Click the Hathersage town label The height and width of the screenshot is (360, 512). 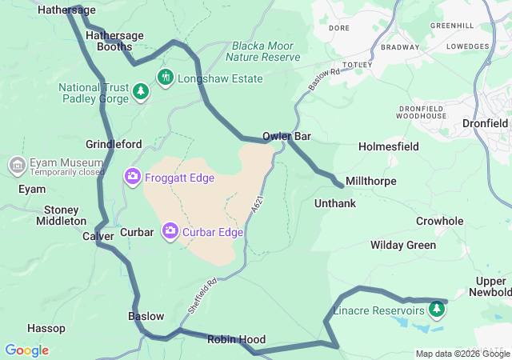[x=67, y=10]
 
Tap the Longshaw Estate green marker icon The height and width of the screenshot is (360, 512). [x=166, y=78]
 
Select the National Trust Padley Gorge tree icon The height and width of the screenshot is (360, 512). [x=141, y=92]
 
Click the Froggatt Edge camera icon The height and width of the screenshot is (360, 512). [x=132, y=175]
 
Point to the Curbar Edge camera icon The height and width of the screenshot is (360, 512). [x=170, y=232]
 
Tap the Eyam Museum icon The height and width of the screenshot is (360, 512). [x=16, y=166]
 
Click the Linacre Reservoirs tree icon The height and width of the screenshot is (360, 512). [x=437, y=308]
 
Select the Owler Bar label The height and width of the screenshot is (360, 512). [x=286, y=137]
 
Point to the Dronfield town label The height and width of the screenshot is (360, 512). [x=485, y=124]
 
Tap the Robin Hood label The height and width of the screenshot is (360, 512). [x=236, y=340]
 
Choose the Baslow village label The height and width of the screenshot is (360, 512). [x=146, y=316]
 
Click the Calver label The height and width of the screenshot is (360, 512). [x=98, y=237]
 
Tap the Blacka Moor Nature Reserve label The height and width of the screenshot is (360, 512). [x=263, y=51]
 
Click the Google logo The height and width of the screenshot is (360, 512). [x=26, y=350]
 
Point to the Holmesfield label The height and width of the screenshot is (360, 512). [x=389, y=147]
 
